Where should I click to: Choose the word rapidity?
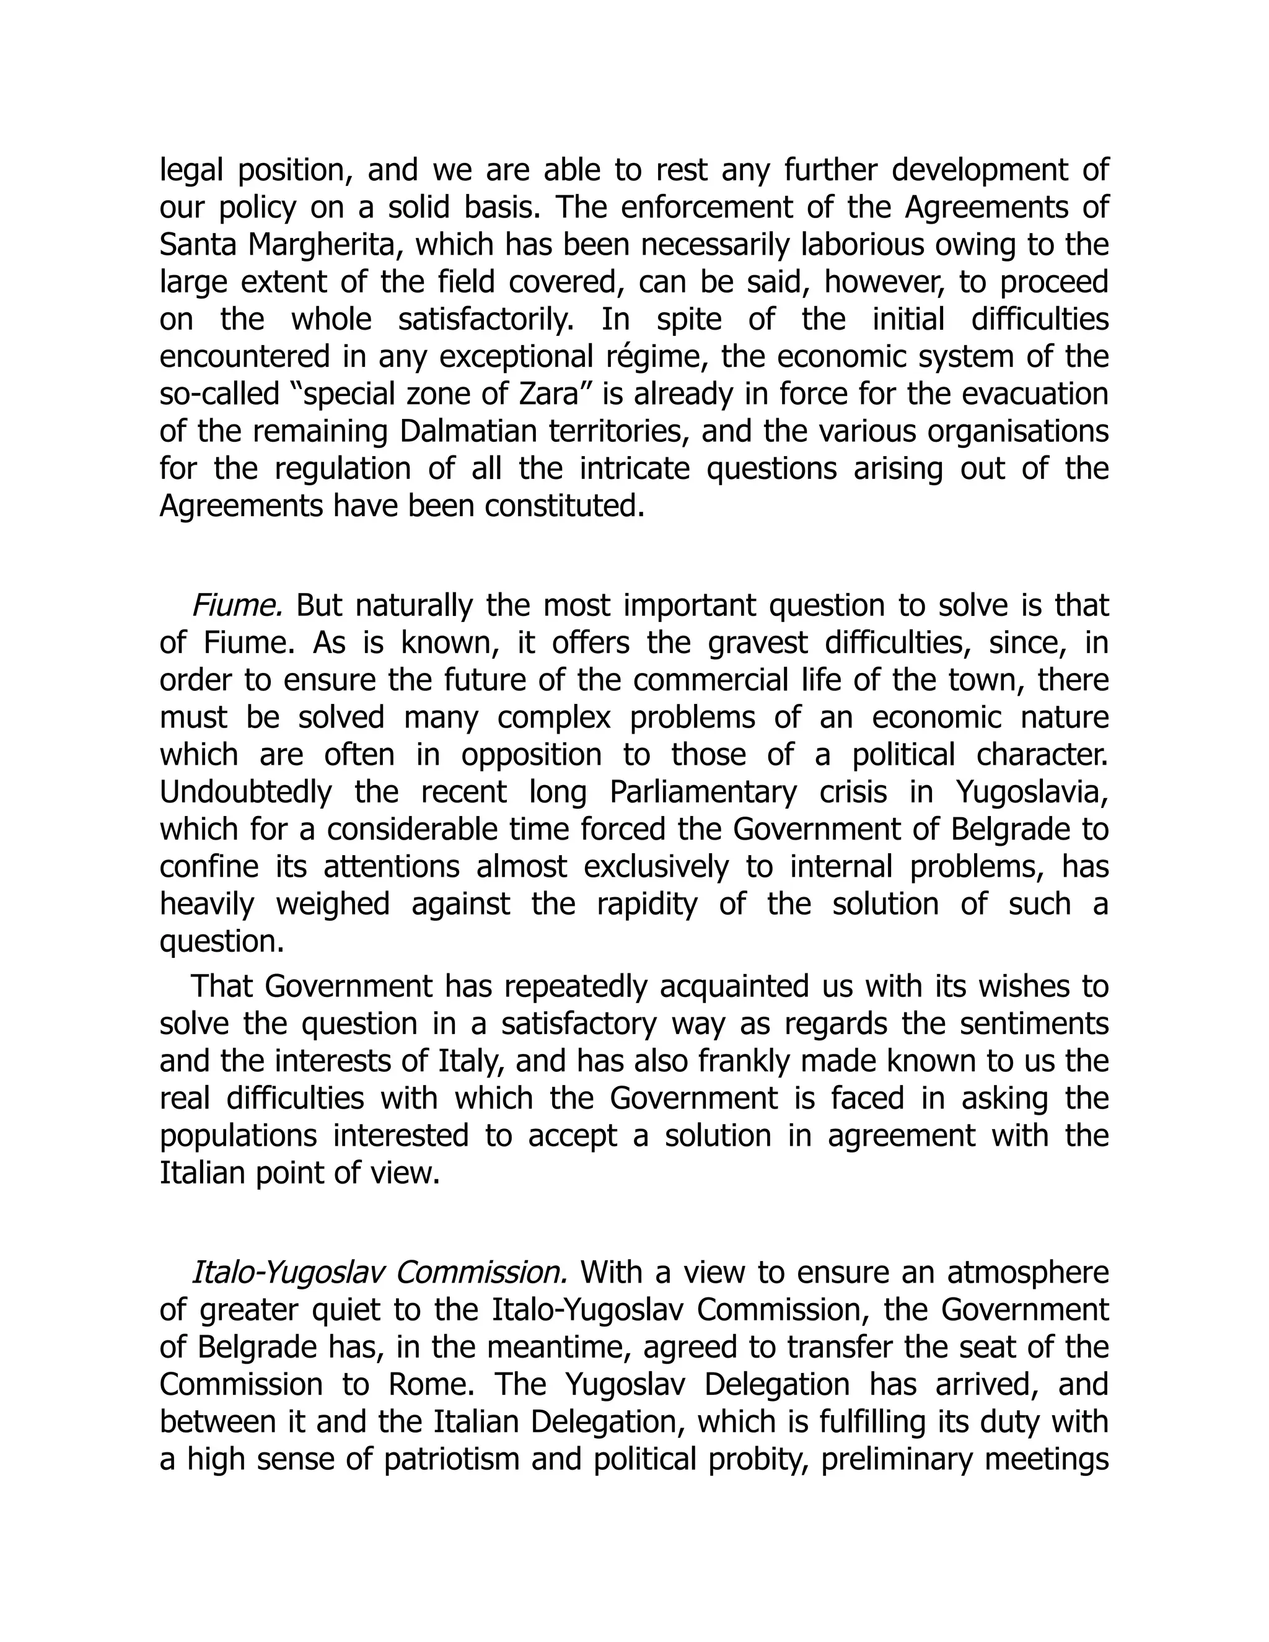click(x=648, y=903)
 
